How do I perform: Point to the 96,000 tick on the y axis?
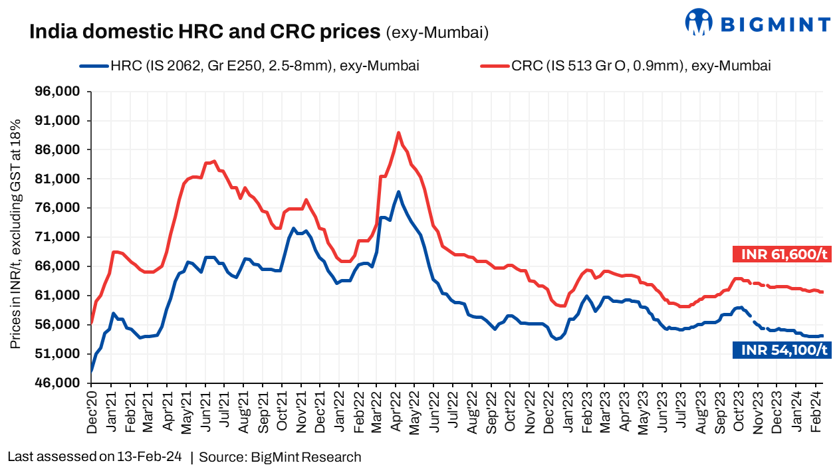(59, 92)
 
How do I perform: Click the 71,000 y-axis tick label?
(59, 237)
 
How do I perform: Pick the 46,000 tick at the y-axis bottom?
(59, 383)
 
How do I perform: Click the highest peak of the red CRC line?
(398, 133)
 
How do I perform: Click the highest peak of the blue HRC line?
(398, 192)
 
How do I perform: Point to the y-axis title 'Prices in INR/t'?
(15, 236)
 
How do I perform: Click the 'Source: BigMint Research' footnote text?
(280, 457)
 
